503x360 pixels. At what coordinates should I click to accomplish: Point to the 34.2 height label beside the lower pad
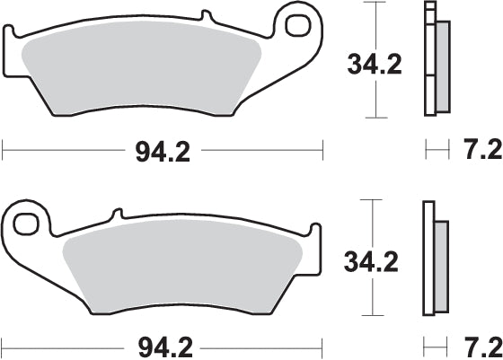pos(370,261)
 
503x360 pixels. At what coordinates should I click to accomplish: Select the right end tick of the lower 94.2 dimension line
pos(322,344)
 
